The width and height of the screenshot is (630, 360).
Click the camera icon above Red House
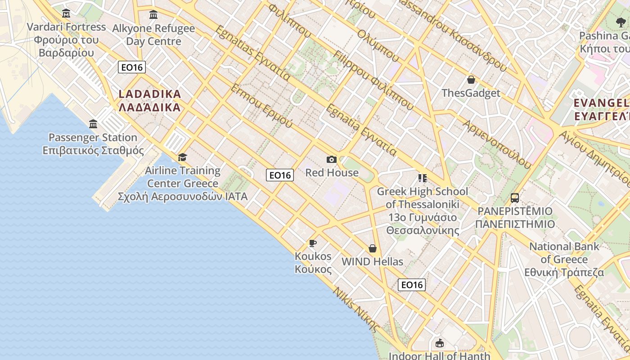point(332,159)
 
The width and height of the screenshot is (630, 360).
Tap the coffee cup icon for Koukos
point(313,243)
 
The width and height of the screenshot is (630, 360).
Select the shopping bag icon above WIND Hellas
point(373,248)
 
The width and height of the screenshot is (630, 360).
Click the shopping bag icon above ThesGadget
point(471,80)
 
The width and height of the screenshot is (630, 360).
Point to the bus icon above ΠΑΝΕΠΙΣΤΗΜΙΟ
point(515,198)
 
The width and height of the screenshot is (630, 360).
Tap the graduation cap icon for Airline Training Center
point(182,157)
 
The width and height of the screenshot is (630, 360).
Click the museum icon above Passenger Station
point(93,124)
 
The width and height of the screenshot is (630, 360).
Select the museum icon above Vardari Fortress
point(66,13)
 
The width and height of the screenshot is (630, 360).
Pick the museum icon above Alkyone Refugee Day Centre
point(153,15)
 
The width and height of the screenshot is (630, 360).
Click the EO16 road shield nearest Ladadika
point(132,67)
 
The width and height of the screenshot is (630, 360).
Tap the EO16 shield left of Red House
point(280,175)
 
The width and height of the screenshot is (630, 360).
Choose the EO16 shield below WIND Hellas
point(412,284)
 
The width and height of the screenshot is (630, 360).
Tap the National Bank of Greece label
point(564,259)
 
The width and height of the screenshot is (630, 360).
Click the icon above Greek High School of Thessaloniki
point(422,178)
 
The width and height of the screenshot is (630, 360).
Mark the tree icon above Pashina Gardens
point(621,22)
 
